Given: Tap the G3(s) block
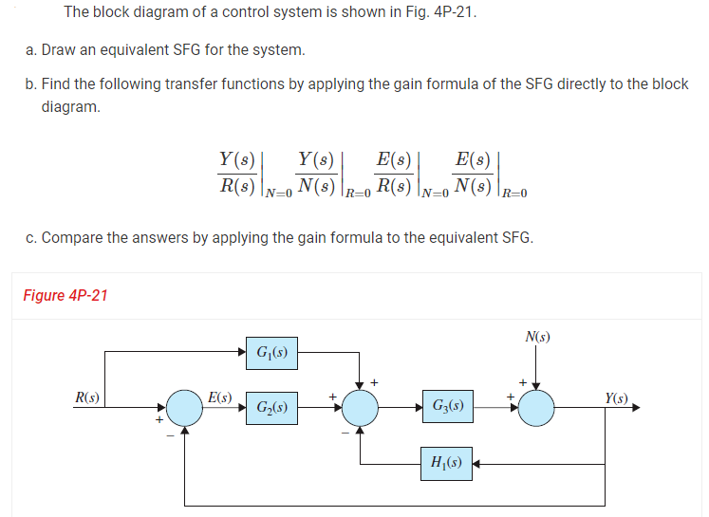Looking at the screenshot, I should tap(446, 409).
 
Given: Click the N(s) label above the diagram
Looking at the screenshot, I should tap(537, 337).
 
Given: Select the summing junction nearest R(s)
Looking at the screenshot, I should tap(185, 409).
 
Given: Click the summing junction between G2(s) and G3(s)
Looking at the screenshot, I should tap(360, 409).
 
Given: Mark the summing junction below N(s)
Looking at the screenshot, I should tap(537, 409).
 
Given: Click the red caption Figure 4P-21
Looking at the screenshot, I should tap(65, 295).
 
